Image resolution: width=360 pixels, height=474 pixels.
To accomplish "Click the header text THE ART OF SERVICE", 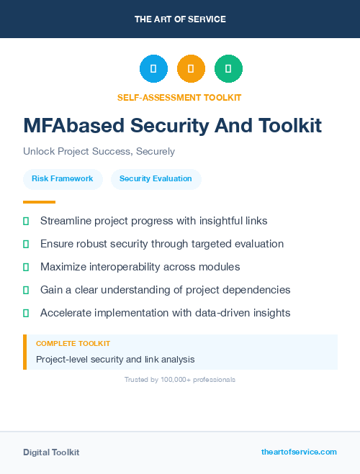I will (x=180, y=19).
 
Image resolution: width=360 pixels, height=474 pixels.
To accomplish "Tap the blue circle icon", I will (x=153, y=69).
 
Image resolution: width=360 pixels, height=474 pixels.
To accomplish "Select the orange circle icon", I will (x=191, y=69).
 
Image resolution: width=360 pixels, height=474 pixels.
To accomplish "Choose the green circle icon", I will (x=228, y=69).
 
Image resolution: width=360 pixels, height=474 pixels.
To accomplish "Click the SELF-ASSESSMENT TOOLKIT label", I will (x=179, y=97).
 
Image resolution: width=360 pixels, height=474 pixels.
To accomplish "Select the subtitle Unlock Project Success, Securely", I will (x=99, y=152).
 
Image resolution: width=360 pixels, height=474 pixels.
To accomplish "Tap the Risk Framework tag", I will (x=63, y=178).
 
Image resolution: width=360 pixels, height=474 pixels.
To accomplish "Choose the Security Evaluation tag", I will (x=156, y=178).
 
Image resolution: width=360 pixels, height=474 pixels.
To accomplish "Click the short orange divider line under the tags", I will (x=39, y=202).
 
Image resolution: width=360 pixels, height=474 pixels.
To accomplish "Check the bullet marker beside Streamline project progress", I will (x=26, y=221).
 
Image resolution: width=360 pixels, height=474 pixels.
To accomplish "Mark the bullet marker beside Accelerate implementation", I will (x=26, y=313).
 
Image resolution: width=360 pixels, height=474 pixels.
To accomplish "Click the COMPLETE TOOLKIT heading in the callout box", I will (x=73, y=344).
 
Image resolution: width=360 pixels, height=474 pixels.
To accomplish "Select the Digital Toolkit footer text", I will (x=51, y=452).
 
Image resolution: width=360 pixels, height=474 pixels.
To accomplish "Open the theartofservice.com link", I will (x=299, y=452).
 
